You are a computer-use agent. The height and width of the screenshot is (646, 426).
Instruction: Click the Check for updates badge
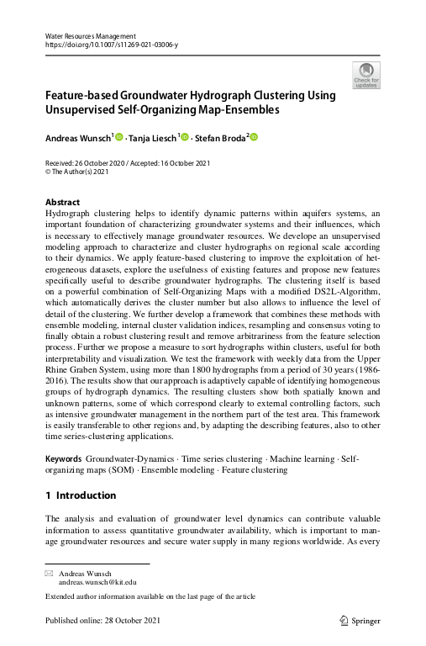pos(367,75)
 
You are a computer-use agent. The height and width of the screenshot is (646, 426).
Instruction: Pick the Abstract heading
pos(62,203)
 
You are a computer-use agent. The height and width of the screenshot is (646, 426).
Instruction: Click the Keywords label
pos(63,459)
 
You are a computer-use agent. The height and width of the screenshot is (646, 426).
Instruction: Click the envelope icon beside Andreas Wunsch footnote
pos(48,573)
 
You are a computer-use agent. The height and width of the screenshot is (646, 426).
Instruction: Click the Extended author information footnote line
pos(152,597)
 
